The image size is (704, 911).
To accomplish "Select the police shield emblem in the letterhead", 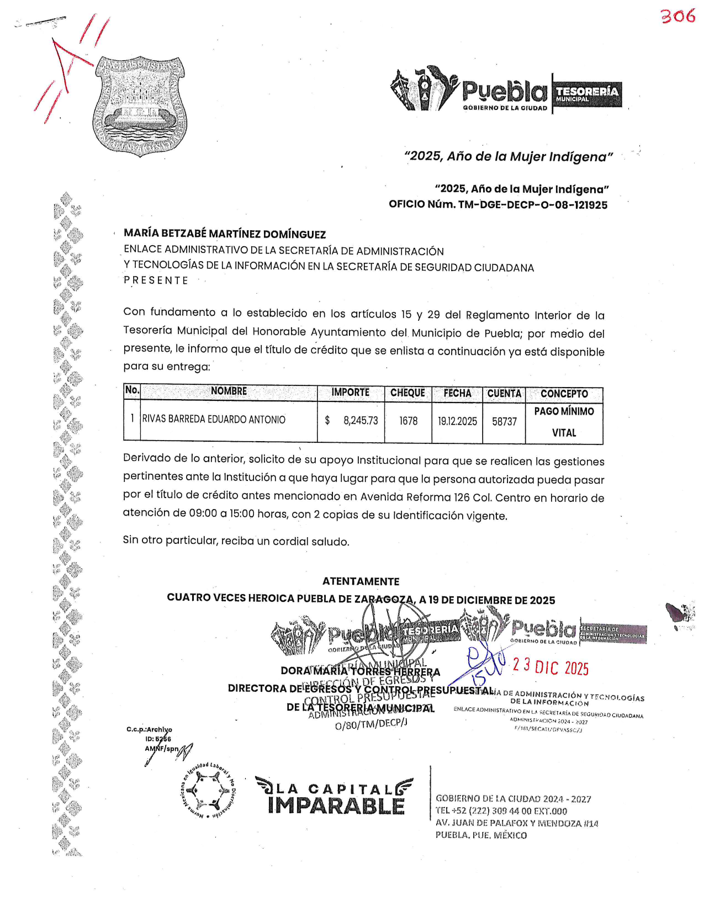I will [140, 106].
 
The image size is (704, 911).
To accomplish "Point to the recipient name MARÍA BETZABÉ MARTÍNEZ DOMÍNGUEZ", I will [225, 234].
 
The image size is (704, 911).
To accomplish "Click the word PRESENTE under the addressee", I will [156, 280].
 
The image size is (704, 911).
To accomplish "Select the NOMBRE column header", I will [229, 391].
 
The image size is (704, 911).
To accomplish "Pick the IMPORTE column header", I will [350, 393].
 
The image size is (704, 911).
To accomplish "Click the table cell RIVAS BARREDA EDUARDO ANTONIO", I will [214, 420].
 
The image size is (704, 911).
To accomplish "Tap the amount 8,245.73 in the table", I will [360, 421].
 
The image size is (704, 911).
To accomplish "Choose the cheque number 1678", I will [408, 421].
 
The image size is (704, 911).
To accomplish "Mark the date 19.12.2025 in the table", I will [457, 421].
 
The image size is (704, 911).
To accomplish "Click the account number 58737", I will [504, 422].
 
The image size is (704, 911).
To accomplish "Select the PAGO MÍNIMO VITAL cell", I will [564, 422].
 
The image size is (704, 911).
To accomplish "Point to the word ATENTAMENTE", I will [361, 581].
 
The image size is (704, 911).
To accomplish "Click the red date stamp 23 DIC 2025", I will [551, 667].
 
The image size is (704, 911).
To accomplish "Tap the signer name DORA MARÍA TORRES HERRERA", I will [360, 672].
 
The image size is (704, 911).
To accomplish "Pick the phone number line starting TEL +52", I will [501, 811].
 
